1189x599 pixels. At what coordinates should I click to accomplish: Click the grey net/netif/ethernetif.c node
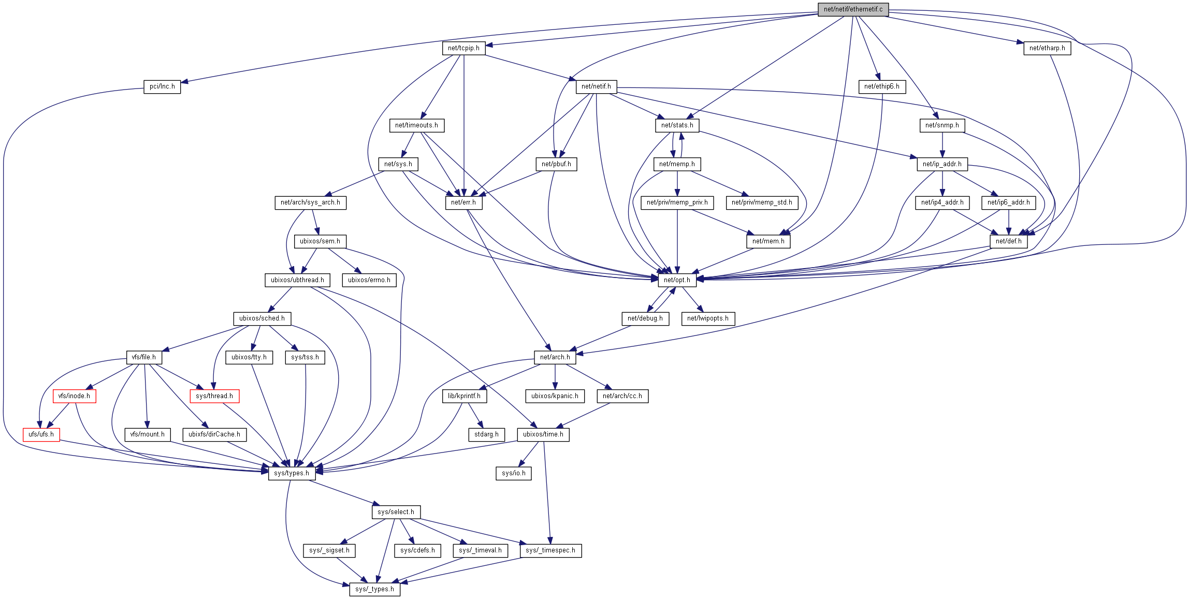click(x=853, y=9)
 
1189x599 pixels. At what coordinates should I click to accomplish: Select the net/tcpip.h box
click(x=463, y=48)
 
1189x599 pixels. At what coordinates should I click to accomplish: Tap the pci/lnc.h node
click(x=162, y=86)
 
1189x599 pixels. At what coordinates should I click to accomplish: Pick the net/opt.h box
click(x=677, y=280)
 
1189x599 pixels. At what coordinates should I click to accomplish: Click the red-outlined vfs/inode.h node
click(x=74, y=396)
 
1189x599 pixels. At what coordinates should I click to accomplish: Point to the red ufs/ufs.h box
click(x=41, y=434)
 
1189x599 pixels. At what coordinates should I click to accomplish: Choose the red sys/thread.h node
click(x=214, y=396)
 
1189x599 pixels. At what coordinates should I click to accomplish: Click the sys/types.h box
click(x=292, y=473)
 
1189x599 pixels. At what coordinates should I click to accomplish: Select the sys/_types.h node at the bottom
click(x=374, y=589)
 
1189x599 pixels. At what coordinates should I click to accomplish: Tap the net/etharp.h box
click(x=1047, y=48)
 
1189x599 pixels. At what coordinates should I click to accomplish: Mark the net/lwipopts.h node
click(x=707, y=318)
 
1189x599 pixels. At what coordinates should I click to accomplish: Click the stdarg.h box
click(x=486, y=434)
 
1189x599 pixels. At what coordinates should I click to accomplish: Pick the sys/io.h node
click(x=513, y=473)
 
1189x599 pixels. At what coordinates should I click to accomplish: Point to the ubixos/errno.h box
click(x=369, y=280)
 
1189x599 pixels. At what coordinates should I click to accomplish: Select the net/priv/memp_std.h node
click(x=762, y=202)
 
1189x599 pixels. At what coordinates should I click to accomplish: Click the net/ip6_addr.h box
click(x=1008, y=202)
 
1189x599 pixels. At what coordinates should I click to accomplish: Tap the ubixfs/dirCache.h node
click(x=214, y=434)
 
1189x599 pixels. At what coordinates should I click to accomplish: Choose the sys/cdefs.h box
click(x=417, y=550)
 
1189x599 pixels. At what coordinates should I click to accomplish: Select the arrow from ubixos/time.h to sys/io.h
click(x=529, y=454)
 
